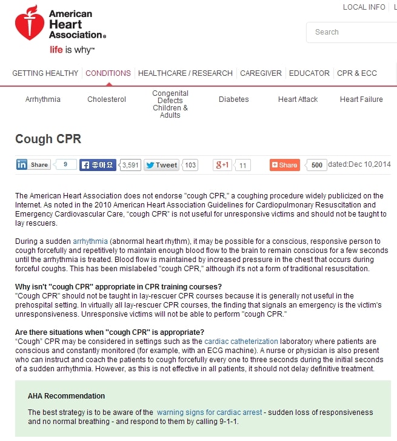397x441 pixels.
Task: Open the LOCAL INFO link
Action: [364, 7]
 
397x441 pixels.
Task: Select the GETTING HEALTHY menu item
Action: [45, 73]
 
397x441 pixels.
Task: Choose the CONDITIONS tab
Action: [108, 73]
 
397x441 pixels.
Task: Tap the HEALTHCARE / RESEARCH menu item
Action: [185, 73]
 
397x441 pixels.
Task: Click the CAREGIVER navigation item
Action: [261, 73]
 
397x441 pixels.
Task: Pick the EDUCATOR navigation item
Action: [309, 73]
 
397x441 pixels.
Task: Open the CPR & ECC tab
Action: [357, 73]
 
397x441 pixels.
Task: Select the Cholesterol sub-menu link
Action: [107, 99]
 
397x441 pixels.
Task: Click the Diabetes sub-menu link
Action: [234, 99]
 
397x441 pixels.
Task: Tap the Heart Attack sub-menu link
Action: [298, 99]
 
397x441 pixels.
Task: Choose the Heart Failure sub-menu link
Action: [361, 99]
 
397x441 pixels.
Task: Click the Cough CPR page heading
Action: [48, 140]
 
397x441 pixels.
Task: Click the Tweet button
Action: [161, 165]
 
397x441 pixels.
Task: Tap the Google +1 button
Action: [222, 165]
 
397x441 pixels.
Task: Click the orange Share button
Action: [285, 165]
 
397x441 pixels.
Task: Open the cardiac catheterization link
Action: [241, 342]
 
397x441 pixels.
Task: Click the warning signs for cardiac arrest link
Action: [209, 412]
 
